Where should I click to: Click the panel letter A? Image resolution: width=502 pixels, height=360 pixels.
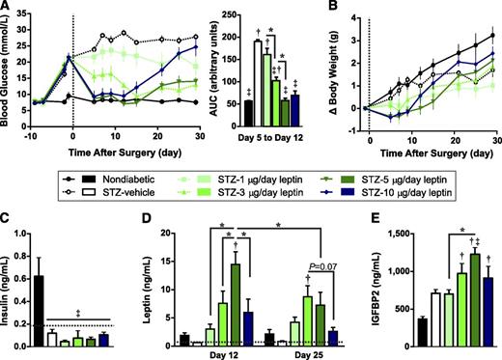tap(7, 8)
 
